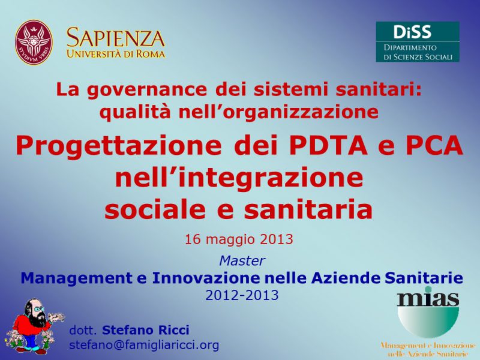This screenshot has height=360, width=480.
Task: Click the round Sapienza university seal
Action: click(x=34, y=42)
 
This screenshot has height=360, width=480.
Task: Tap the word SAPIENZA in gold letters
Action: click(x=116, y=38)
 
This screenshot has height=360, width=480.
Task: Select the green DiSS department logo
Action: click(x=418, y=41)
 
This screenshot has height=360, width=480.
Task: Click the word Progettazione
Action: click(x=118, y=147)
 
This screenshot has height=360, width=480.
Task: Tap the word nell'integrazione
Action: click(x=239, y=178)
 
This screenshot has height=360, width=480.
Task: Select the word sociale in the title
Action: click(x=155, y=209)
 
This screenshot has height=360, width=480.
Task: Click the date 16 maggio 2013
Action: click(x=239, y=239)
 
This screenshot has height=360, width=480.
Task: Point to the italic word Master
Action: click(x=242, y=261)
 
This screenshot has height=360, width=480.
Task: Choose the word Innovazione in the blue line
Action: click(x=206, y=278)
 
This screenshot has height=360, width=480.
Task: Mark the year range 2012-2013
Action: click(x=242, y=295)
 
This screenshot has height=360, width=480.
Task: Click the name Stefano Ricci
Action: click(x=146, y=330)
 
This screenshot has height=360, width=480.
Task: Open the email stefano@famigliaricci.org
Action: click(x=144, y=345)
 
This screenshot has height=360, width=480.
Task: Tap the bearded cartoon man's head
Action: click(x=35, y=311)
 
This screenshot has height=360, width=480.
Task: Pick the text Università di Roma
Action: click(x=116, y=54)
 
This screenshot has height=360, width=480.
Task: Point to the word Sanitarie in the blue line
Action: click(x=424, y=278)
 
